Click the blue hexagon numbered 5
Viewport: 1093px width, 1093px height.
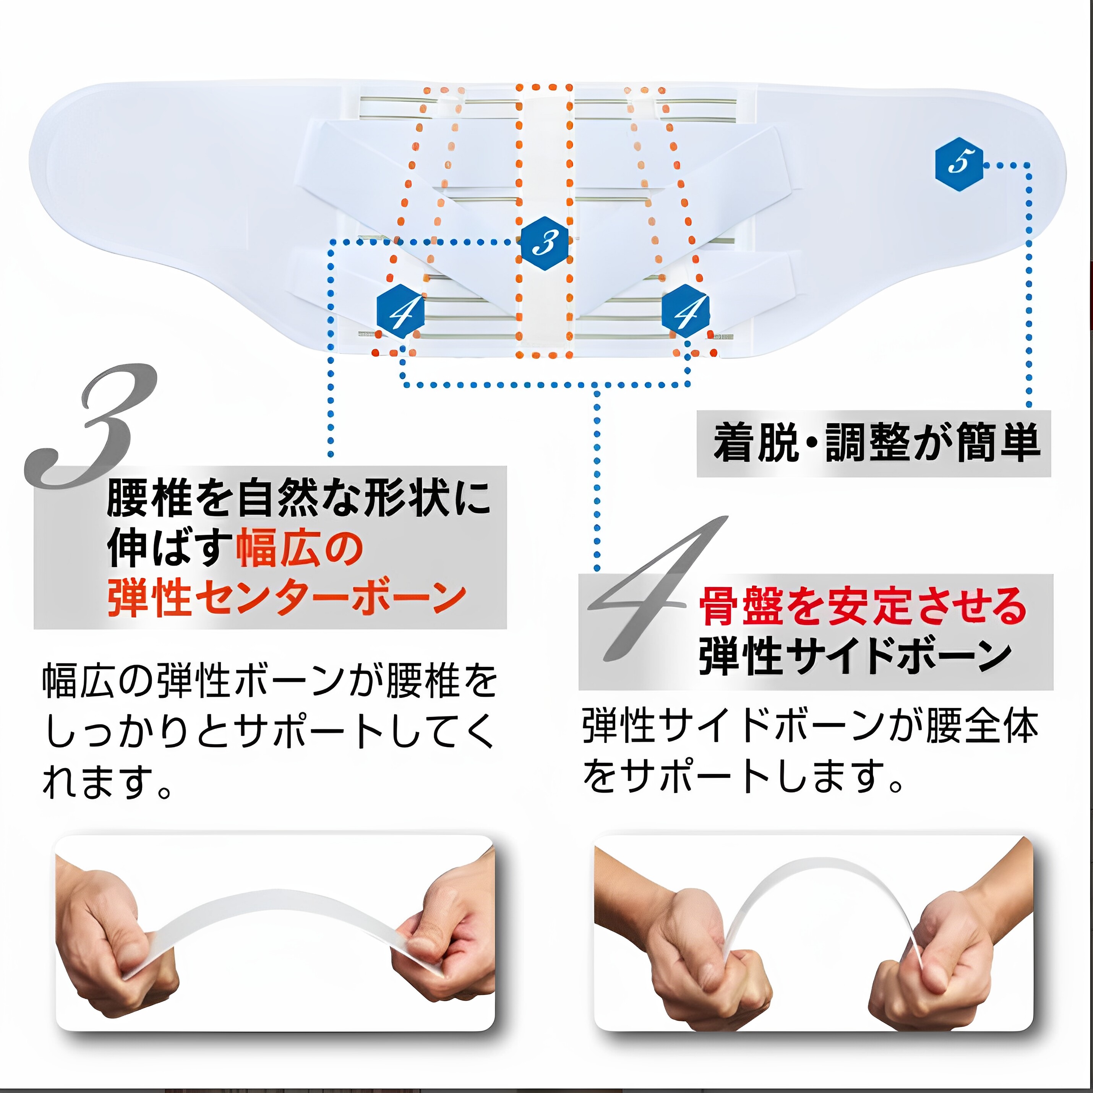pyautogui.click(x=959, y=164)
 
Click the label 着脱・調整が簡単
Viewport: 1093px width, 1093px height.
pyautogui.click(x=876, y=443)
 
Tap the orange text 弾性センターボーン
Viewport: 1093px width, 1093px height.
pyautogui.click(x=287, y=598)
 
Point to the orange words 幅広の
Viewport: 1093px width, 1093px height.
pyautogui.click(x=299, y=549)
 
